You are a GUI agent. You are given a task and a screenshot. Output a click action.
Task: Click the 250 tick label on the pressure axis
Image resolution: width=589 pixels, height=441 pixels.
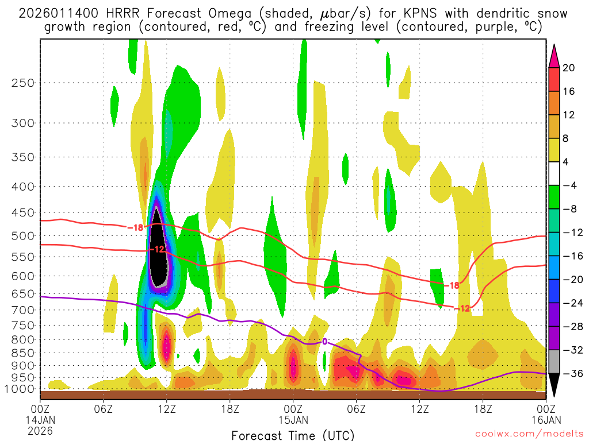pyautogui.click(x=23, y=83)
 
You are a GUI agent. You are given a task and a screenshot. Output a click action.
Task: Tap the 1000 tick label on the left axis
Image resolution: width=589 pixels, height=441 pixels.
pyautogui.click(x=21, y=389)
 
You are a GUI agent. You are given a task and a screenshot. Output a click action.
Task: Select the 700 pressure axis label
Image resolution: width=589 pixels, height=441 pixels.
pyautogui.click(x=23, y=310)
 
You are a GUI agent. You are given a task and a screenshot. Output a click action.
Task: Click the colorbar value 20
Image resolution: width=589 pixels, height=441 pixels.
pyautogui.click(x=569, y=68)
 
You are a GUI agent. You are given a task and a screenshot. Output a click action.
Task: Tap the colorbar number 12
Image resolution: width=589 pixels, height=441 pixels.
pyautogui.click(x=569, y=115)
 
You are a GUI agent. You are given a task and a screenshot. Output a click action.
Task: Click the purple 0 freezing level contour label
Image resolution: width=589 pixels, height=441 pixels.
pyautogui.click(x=324, y=342)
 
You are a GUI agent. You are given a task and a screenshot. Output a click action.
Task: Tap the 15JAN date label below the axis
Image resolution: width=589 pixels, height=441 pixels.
pyautogui.click(x=293, y=420)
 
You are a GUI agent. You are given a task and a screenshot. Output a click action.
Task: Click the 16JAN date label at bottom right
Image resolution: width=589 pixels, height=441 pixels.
pyautogui.click(x=544, y=420)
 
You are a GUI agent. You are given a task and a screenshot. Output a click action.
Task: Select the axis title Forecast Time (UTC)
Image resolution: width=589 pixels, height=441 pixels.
pyautogui.click(x=293, y=435)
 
